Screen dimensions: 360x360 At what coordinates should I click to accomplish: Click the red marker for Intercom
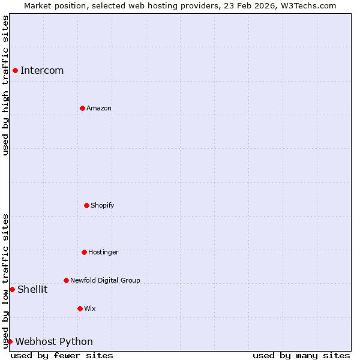click(x=15, y=70)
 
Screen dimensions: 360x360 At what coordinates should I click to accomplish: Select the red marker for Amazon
click(x=82, y=108)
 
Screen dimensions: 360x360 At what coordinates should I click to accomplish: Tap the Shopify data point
click(x=86, y=205)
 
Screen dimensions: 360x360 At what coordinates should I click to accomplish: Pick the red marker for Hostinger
click(x=84, y=252)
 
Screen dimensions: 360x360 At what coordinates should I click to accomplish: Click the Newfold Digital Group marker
click(x=66, y=280)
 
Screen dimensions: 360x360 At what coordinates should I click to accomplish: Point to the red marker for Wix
click(x=80, y=308)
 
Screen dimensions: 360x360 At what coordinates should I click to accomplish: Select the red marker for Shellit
click(x=12, y=289)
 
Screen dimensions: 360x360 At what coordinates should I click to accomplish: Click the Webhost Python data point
click(x=10, y=341)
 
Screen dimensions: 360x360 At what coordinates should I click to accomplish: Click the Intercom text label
click(x=42, y=70)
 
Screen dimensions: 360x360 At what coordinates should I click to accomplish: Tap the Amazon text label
click(x=99, y=108)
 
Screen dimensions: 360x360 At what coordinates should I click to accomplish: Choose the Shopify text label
click(x=103, y=205)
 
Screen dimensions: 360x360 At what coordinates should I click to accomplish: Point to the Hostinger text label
click(x=103, y=252)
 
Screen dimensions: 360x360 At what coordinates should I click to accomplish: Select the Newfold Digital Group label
click(x=105, y=280)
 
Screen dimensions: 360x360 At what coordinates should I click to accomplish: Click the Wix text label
click(x=90, y=308)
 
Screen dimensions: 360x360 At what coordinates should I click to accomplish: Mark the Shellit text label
click(x=32, y=289)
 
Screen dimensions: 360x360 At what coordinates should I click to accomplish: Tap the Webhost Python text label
click(x=54, y=341)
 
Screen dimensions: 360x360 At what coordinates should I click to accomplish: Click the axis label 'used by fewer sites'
click(x=62, y=355)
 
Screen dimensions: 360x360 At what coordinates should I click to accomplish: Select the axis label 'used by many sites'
click(x=301, y=355)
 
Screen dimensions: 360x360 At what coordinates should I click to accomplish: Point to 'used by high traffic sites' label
click(x=5, y=85)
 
